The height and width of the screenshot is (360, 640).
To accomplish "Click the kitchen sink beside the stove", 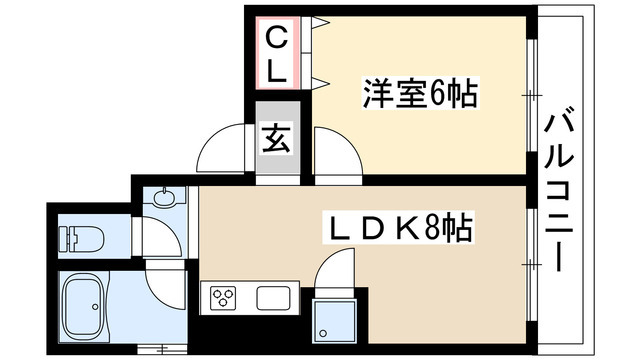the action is [x=273, y=298].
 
